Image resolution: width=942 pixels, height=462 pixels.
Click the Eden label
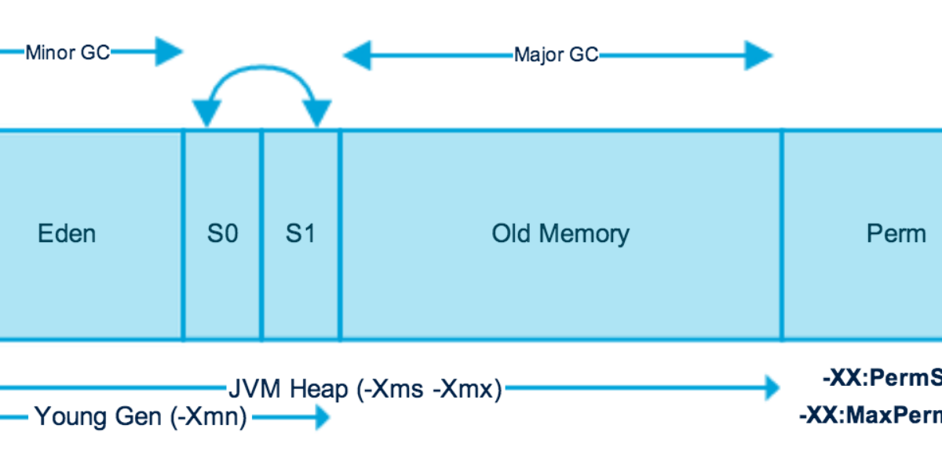click(67, 233)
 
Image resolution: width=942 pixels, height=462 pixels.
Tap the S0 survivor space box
click(222, 234)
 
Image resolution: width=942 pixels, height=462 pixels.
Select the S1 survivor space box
click(301, 234)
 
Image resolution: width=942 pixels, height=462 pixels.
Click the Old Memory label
click(560, 233)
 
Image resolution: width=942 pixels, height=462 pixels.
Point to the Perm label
click(896, 233)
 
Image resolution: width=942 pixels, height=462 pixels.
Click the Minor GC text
click(68, 53)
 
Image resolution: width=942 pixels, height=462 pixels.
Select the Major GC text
click(556, 55)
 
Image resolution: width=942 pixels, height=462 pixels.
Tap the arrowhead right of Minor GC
click(168, 53)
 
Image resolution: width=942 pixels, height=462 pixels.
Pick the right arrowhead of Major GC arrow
click(759, 56)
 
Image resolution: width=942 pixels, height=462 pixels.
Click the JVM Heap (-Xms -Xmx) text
click(364, 388)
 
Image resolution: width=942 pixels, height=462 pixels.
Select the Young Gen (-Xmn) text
click(141, 417)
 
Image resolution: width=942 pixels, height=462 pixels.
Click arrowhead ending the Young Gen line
click(321, 417)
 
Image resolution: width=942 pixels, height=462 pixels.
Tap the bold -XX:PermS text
click(882, 379)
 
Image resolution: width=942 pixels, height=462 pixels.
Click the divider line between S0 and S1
click(261, 234)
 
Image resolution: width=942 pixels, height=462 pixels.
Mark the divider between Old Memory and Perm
click(782, 234)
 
